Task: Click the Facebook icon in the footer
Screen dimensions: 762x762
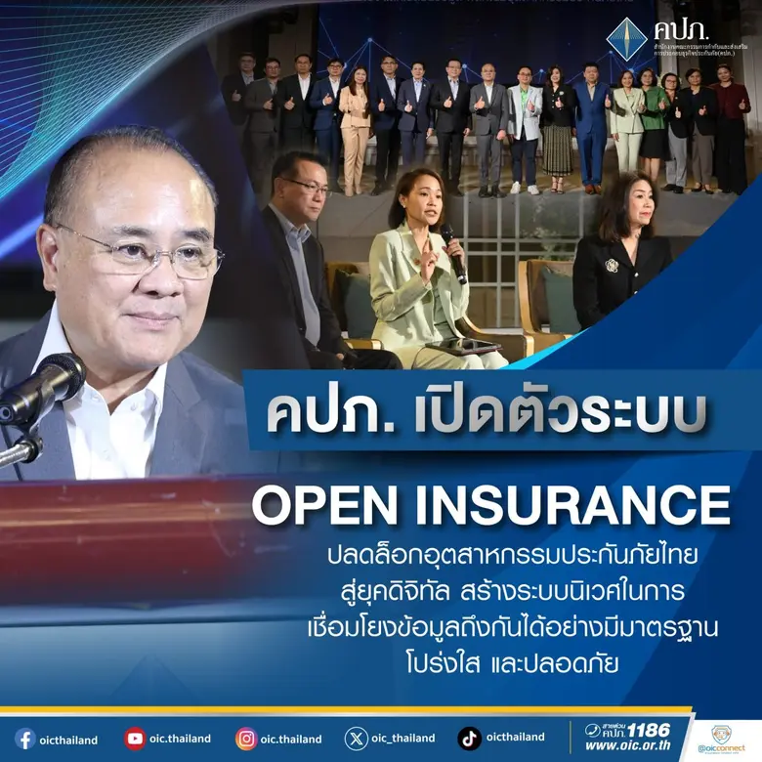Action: point(24,739)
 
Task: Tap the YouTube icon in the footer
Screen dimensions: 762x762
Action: point(135,739)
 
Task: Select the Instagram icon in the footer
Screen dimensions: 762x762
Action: point(246,739)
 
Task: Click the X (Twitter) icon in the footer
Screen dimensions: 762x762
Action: point(357,739)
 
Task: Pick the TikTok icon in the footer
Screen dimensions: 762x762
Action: point(469,739)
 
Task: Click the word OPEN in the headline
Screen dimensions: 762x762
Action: point(326,505)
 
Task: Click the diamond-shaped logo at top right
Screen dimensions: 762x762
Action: point(625,39)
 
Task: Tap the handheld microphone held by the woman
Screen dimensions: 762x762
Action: point(452,249)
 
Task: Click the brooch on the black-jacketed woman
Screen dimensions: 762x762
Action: point(611,266)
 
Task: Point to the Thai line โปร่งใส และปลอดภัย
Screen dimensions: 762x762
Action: point(510,660)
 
